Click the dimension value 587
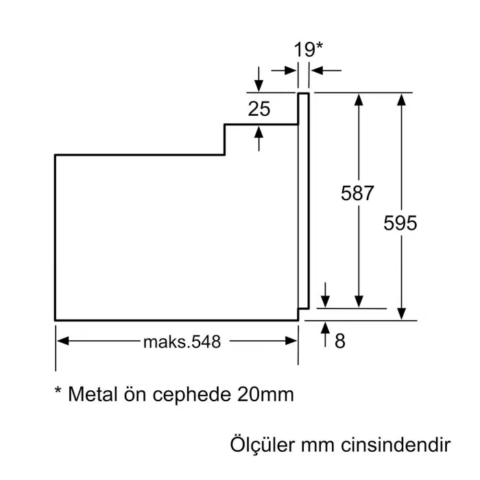[x=357, y=194]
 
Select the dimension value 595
[x=400, y=224]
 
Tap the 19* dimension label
[x=308, y=49]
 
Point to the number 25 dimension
[x=259, y=108]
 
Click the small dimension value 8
[x=339, y=341]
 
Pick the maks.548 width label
[x=182, y=341]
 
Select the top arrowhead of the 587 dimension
[x=358, y=98]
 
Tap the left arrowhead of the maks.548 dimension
[x=61, y=341]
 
